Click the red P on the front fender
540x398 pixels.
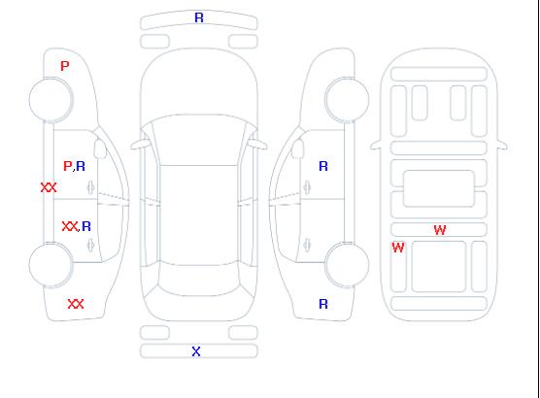(x=65, y=66)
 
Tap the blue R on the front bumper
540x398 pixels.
(x=199, y=17)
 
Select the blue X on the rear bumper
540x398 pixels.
(x=196, y=351)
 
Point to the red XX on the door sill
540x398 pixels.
(x=49, y=187)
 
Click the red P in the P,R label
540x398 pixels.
(x=68, y=166)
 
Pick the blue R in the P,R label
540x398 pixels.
(x=81, y=166)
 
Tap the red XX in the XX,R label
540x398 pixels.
(x=70, y=226)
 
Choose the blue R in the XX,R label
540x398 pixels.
(x=86, y=226)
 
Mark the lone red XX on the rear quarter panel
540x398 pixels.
(x=76, y=304)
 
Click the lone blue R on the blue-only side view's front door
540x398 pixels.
(x=323, y=166)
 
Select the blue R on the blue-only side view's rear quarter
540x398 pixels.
(x=323, y=304)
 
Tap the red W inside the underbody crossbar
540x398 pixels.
(x=440, y=230)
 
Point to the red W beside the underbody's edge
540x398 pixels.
(x=398, y=248)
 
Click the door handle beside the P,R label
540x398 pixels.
(x=90, y=187)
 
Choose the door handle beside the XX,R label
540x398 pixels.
(x=90, y=246)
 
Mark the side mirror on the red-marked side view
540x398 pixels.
(x=100, y=149)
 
